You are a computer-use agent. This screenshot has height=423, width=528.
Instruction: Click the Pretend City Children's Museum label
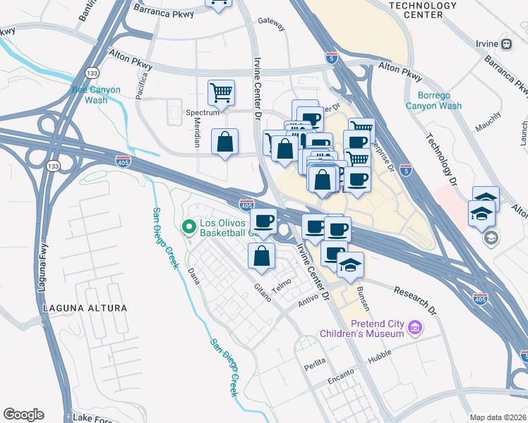361,329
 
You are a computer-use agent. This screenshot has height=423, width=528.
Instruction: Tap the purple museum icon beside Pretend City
414,327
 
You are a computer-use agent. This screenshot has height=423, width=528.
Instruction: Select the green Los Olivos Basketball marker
188,227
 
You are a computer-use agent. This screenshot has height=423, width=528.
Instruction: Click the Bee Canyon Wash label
97,94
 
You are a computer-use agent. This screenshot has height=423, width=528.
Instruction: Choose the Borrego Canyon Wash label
433,100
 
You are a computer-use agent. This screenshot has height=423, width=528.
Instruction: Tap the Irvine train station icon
506,43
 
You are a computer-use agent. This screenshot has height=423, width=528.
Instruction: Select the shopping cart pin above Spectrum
221,93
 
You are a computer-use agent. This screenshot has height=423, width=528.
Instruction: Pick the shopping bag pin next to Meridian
224,142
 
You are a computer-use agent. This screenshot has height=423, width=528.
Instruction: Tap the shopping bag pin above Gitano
261,256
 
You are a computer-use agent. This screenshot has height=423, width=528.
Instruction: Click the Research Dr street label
416,300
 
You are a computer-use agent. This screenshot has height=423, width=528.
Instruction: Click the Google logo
23,415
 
